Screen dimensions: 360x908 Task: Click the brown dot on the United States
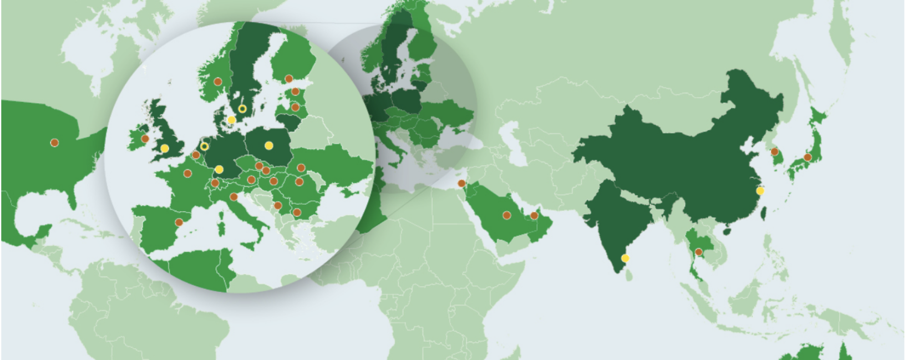(x=54, y=143)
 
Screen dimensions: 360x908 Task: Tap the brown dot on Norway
(x=218, y=81)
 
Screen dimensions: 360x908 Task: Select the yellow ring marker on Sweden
(x=242, y=109)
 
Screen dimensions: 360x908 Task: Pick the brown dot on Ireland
(x=145, y=139)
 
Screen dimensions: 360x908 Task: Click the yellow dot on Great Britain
(x=165, y=148)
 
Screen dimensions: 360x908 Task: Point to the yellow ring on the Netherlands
(x=204, y=146)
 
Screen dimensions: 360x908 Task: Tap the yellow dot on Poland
(x=269, y=146)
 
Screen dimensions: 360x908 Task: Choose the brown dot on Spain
(x=179, y=222)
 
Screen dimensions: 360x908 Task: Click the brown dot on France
(x=187, y=174)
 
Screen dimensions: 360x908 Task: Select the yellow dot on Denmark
(x=231, y=120)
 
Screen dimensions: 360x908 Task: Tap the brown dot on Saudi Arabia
(x=506, y=215)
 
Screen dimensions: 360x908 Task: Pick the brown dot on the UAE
(x=534, y=215)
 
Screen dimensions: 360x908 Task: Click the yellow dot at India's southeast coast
(x=626, y=258)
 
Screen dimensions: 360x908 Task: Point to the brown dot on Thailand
(x=698, y=252)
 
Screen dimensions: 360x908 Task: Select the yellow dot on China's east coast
(x=760, y=190)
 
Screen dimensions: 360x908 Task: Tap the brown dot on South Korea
(x=774, y=151)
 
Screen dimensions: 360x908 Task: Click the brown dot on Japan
(x=808, y=158)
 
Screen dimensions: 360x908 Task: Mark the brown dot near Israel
(x=461, y=184)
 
